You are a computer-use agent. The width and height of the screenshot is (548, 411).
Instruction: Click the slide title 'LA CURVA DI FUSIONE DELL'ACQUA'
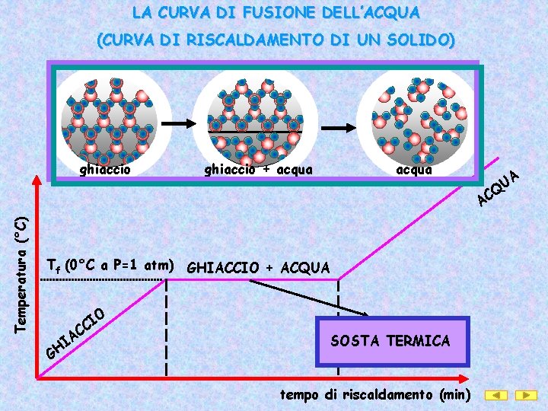pyautogui.click(x=275, y=13)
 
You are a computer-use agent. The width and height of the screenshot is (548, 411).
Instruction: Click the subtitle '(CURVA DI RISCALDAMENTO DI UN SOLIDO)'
pyautogui.click(x=275, y=40)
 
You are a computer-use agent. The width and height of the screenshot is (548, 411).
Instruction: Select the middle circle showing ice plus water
pyautogui.click(x=249, y=116)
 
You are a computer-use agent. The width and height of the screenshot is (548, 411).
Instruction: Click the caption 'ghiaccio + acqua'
pyautogui.click(x=258, y=170)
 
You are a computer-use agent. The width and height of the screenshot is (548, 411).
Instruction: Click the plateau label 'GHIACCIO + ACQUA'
pyautogui.click(x=258, y=268)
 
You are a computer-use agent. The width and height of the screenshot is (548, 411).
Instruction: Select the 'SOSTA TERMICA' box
pyautogui.click(x=390, y=341)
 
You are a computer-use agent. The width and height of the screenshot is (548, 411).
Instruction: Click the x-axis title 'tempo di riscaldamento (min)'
pyautogui.click(x=376, y=394)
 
